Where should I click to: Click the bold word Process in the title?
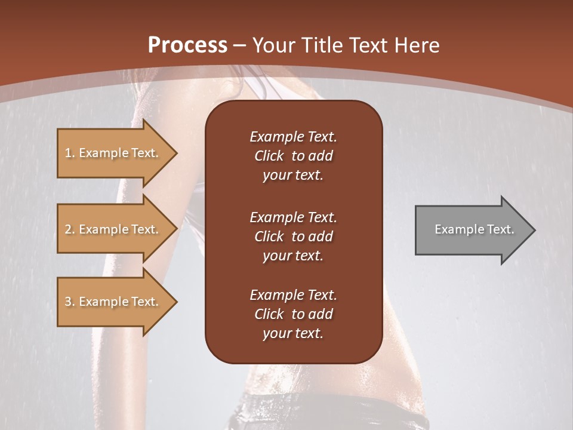187,45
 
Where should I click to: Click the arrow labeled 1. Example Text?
113,153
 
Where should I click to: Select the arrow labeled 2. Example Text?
113,229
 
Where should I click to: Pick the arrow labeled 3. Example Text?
113,302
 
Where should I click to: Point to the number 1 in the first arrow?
68,153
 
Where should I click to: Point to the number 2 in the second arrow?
68,229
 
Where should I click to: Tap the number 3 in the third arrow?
68,302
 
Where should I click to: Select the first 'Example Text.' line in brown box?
293,137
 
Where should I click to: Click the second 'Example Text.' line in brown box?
293,217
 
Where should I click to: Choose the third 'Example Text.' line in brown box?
293,295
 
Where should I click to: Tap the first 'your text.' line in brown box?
293,176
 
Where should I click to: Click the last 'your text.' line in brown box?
293,334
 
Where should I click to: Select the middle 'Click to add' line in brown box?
293,236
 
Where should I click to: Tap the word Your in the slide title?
274,45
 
